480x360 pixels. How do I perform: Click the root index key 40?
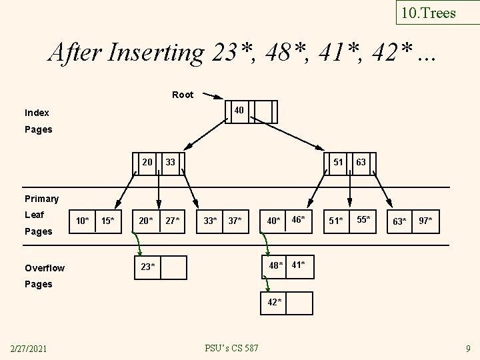tap(238, 109)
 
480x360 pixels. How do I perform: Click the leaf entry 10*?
tap(83, 221)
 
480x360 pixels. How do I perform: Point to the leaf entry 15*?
tap(107, 221)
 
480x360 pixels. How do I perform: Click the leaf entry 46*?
tap(297, 219)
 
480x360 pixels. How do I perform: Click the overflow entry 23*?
tap(148, 267)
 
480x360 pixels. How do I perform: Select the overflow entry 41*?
tap(298, 265)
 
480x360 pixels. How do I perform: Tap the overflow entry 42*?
tap(274, 303)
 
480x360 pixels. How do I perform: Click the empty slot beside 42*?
tap(299, 303)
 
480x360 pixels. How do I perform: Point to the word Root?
tap(183, 95)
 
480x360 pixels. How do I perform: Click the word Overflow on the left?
tap(45, 268)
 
